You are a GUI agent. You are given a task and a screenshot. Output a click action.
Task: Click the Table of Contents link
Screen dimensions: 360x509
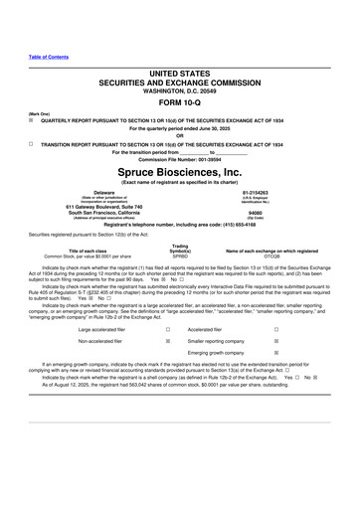pyautogui.click(x=49, y=57)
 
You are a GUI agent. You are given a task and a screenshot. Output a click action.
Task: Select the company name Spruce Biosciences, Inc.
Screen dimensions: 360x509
pyautogui.click(x=179, y=171)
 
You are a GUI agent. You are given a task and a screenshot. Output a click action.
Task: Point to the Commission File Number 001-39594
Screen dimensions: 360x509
pyautogui.click(x=179, y=158)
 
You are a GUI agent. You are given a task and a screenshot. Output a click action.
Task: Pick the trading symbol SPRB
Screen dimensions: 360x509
pyautogui.click(x=179, y=256)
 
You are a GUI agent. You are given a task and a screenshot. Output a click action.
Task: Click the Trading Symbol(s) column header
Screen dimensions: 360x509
pyautogui.click(x=179, y=249)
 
